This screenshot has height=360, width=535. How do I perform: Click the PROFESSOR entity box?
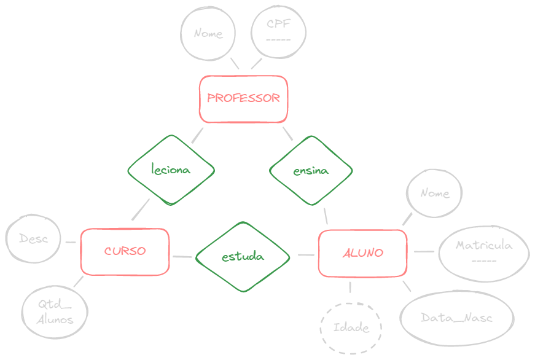coord(243,98)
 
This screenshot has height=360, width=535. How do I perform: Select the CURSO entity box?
coord(125,251)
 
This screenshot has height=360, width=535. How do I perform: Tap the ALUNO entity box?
coord(362,252)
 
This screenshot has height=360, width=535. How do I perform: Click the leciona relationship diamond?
coord(171,170)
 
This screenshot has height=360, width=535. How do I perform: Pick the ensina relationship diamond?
coord(311,171)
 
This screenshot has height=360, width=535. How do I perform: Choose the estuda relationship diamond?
coord(243,256)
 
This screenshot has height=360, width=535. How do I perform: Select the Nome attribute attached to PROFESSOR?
coord(208,34)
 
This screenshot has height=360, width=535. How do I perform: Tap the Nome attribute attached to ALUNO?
coord(435,193)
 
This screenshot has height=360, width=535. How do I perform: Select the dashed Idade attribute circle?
coord(351,327)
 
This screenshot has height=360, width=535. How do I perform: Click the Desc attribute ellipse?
coord(33,239)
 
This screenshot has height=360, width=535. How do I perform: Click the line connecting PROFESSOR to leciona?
coord(197,135)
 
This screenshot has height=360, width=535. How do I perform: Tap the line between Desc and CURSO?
coord(71,242)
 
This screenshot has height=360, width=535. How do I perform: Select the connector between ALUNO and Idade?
coord(350,287)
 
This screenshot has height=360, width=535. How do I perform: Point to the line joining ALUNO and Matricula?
coord(424,251)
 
